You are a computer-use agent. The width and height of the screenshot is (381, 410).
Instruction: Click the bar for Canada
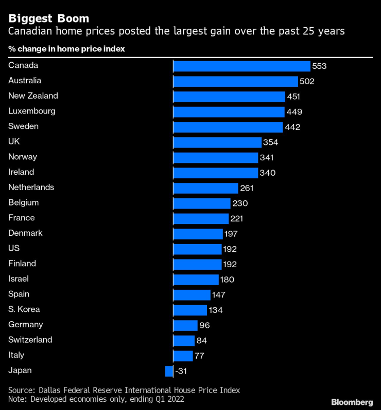pyautogui.click(x=241, y=66)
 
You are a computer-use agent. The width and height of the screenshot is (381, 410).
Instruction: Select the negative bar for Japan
pyautogui.click(x=169, y=371)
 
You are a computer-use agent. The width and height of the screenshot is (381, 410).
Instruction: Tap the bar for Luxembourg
pyautogui.click(x=229, y=111)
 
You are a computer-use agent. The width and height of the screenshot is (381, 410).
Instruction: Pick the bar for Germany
pyautogui.click(x=185, y=325)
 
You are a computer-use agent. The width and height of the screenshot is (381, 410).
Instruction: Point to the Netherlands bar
pyautogui.click(x=205, y=188)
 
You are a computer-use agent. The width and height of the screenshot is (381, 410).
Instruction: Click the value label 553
pyautogui.click(x=319, y=66)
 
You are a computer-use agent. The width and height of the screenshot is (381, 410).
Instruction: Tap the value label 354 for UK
pyautogui.click(x=271, y=142)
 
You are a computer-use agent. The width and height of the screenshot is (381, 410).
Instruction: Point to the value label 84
pyautogui.click(x=202, y=341)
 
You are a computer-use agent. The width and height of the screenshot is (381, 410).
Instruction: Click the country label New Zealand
pyautogui.click(x=33, y=96)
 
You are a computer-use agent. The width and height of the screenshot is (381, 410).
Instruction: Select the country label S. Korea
pyautogui.click(x=24, y=309)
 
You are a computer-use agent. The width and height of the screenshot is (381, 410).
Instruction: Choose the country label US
pyautogui.click(x=14, y=248)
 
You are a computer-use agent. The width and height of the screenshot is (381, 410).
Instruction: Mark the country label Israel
pyautogui.click(x=19, y=279)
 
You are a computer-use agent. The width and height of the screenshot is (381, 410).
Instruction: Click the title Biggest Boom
pyautogui.click(x=48, y=18)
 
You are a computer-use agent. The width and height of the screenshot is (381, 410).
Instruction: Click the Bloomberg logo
pyautogui.click(x=352, y=401)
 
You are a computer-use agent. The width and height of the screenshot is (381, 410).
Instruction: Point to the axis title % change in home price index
pyautogui.click(x=66, y=49)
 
